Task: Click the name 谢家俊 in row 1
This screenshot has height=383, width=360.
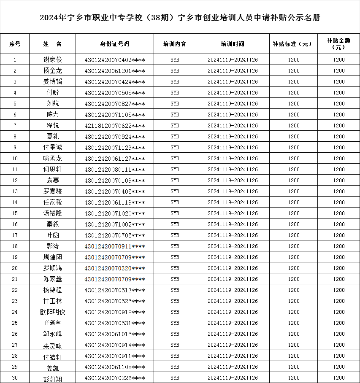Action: [52, 60]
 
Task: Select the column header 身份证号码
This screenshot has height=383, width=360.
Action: [114, 44]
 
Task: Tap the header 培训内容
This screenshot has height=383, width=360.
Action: [175, 44]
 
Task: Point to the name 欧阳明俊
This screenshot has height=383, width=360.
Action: [52, 312]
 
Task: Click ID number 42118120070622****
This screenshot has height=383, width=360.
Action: [114, 126]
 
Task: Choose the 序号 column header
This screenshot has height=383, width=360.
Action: [15, 44]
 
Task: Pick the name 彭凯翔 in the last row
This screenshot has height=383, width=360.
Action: [52, 378]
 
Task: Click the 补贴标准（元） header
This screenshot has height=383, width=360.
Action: [293, 44]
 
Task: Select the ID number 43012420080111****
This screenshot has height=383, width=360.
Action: [114, 170]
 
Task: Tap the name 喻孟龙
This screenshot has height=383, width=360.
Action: [52, 159]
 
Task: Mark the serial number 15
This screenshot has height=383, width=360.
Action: [15, 213]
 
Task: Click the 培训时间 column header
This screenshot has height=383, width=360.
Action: [233, 44]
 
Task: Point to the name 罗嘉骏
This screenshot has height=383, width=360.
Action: [52, 191]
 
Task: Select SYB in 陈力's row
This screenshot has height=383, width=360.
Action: [175, 115]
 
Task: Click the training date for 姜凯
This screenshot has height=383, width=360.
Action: [233, 367]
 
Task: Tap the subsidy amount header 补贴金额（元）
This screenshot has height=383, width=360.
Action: [338, 44]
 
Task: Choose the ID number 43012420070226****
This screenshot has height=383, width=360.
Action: [114, 378]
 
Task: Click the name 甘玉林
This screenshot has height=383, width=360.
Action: [52, 301]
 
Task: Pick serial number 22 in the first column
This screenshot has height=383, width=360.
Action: [15, 290]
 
